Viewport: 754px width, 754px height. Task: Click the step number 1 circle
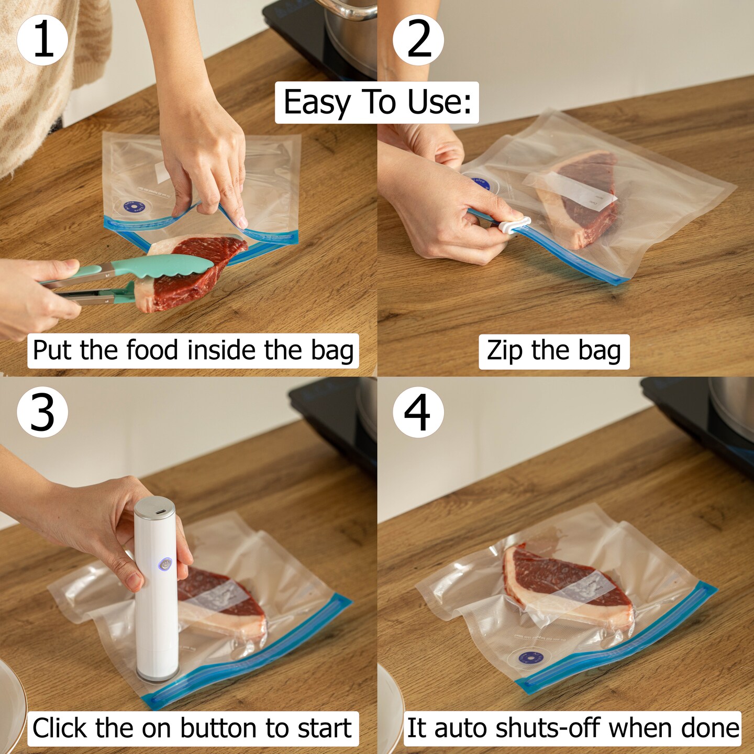tap(42, 40)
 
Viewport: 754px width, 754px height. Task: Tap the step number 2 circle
tap(418, 40)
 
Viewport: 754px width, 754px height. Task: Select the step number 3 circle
tap(42, 413)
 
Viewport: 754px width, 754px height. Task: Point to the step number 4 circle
tap(418, 413)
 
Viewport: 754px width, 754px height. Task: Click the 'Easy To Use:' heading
tap(377, 103)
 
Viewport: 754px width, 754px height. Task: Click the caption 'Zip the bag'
tap(554, 351)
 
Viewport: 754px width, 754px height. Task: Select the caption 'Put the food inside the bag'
tap(193, 351)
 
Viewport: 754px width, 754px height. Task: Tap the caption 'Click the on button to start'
tap(192, 728)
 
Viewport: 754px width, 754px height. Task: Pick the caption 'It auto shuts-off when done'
tap(573, 728)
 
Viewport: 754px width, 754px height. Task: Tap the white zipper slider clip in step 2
tap(514, 226)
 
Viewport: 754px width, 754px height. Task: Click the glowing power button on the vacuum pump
tap(165, 564)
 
